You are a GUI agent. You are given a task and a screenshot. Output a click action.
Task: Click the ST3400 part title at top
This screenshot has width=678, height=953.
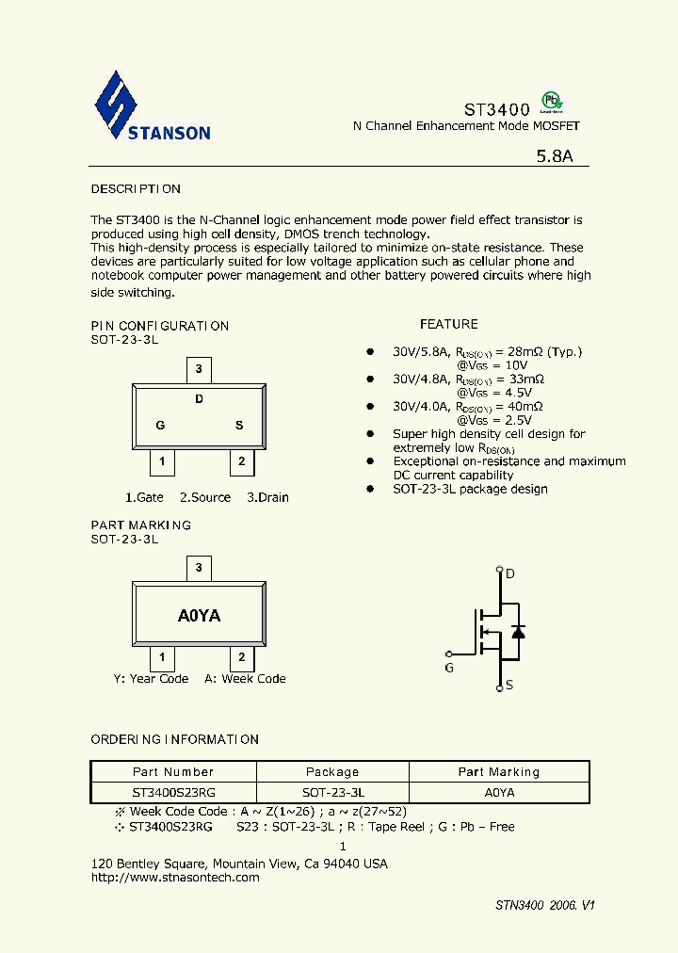tap(496, 109)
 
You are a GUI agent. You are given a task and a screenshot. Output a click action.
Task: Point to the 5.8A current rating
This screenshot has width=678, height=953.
tap(555, 157)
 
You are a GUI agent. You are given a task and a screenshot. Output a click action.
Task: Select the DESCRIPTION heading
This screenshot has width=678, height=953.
tap(136, 189)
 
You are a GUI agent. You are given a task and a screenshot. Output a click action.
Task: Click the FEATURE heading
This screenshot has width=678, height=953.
tap(448, 324)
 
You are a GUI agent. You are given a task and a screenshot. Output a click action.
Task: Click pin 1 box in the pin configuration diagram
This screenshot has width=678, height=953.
tap(162, 461)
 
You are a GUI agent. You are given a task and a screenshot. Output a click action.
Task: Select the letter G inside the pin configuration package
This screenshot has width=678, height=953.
tap(161, 426)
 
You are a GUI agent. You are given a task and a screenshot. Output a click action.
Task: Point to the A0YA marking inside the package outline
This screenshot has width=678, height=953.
tap(200, 616)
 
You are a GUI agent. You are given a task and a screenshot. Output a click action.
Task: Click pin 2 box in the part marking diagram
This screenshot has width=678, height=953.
tap(242, 657)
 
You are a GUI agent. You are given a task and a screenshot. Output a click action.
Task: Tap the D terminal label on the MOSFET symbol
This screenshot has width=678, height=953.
tap(510, 573)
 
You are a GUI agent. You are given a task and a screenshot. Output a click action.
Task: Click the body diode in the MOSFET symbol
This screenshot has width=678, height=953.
tap(517, 631)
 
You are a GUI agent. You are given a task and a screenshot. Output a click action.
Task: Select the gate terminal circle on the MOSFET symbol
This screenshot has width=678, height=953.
tap(449, 653)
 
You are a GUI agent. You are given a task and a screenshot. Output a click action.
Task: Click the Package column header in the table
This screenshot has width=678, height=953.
tap(332, 772)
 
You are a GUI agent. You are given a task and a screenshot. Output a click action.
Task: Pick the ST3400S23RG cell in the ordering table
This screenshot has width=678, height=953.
tap(173, 793)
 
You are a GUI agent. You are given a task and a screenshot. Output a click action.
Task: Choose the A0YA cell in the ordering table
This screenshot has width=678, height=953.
tap(499, 793)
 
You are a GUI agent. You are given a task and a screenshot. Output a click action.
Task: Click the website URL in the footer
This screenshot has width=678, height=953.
tap(175, 878)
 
